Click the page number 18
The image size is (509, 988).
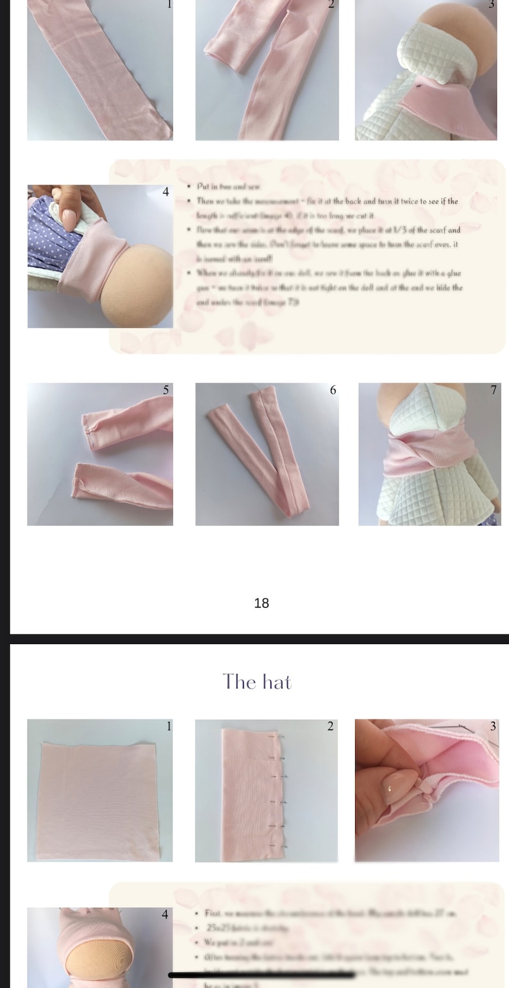pyautogui.click(x=262, y=603)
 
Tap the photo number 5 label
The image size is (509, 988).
pyautogui.click(x=166, y=390)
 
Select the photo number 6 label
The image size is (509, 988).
pyautogui.click(x=333, y=390)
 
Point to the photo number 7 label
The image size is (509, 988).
pyautogui.click(x=493, y=390)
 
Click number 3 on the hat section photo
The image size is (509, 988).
pyautogui.click(x=492, y=726)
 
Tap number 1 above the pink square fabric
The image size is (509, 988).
pyautogui.click(x=169, y=726)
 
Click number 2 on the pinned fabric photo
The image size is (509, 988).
pyautogui.click(x=330, y=726)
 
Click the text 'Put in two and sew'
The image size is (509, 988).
pyautogui.click(x=229, y=187)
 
